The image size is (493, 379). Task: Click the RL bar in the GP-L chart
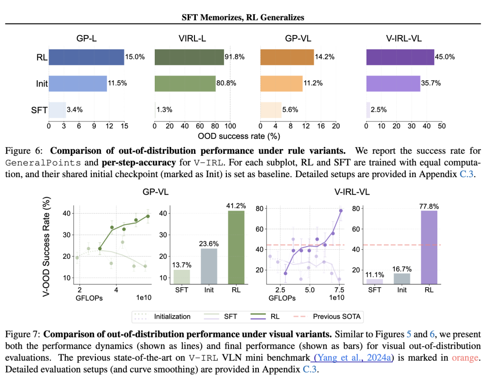click(86, 57)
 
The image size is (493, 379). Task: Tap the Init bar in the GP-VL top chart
click(281, 84)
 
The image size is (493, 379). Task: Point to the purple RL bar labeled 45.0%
click(400, 57)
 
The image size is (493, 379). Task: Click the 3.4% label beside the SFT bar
click(74, 110)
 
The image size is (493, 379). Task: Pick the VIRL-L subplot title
click(192, 39)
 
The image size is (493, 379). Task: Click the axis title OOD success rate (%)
click(239, 136)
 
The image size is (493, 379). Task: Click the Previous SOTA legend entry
click(337, 316)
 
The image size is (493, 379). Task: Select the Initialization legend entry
click(172, 316)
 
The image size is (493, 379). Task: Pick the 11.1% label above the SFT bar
click(374, 275)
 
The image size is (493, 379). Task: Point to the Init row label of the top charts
click(42, 84)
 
